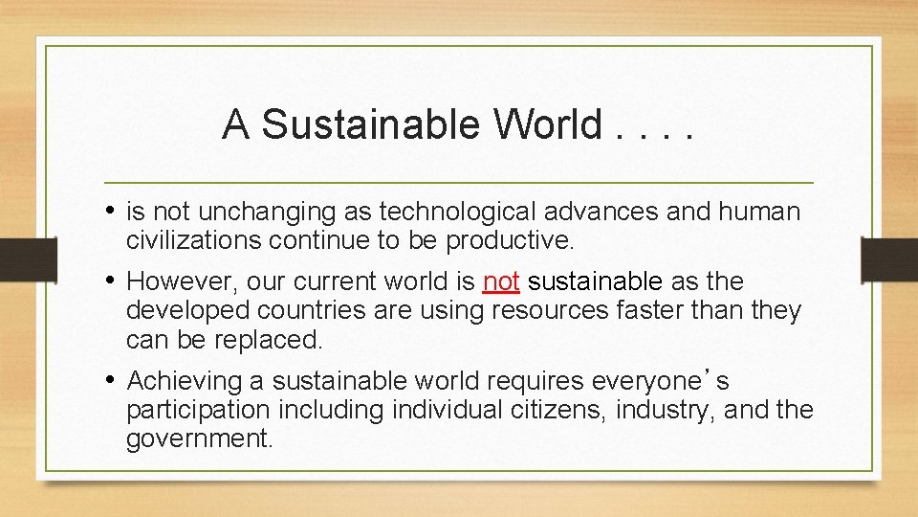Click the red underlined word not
pos(501,281)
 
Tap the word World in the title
pos(548,124)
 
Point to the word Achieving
pos(185,381)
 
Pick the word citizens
pos(563,410)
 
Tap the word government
pos(199,438)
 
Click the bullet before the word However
pos(113,281)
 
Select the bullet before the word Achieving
pos(113,381)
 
